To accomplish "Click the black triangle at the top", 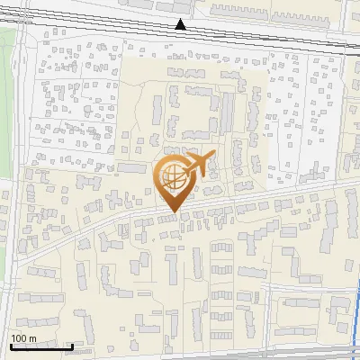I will pyautogui.click(x=181, y=24).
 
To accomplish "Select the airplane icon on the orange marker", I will pyautogui.click(x=198, y=166).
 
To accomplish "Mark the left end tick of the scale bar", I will pyautogui.click(x=10, y=346).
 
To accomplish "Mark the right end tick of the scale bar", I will pyautogui.click(x=73, y=346).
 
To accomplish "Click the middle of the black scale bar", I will pyautogui.click(x=41, y=347).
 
